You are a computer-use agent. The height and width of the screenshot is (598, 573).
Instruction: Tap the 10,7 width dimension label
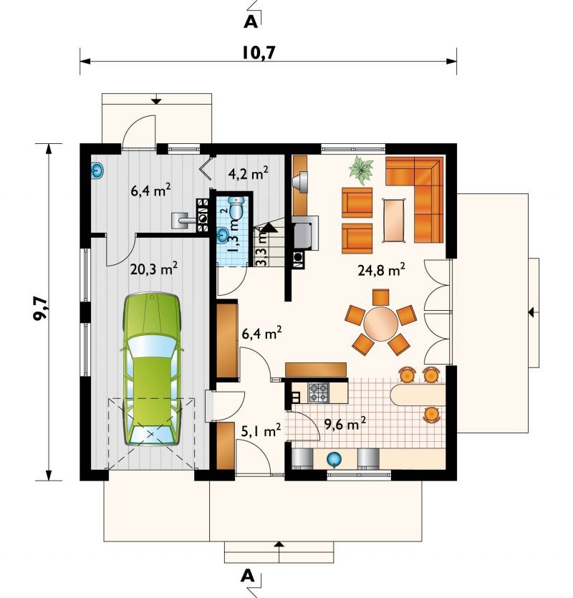click(259, 53)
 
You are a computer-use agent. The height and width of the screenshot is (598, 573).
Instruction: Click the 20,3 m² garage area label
click(154, 269)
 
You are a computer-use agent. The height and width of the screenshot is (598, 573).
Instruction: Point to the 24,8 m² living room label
click(381, 270)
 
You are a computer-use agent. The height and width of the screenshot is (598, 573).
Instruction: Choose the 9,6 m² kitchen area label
click(345, 423)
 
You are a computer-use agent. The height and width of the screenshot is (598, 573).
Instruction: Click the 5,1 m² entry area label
click(261, 431)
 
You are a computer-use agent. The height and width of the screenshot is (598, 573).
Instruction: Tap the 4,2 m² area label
click(249, 173)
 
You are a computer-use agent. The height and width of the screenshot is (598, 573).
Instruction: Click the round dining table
click(381, 324)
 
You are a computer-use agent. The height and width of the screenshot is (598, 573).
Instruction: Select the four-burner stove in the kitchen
click(318, 393)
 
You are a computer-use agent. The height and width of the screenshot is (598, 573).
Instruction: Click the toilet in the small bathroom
click(236, 208)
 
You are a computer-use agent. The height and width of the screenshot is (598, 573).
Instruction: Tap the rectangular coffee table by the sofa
click(394, 220)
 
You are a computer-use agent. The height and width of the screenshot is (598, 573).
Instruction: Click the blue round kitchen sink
click(334, 459)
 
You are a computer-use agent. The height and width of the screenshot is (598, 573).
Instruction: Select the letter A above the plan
click(251, 21)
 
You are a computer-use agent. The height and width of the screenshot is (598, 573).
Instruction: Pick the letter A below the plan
click(248, 576)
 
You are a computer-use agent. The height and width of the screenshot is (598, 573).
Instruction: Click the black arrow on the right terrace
click(530, 313)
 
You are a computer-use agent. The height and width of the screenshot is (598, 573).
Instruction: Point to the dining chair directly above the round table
click(381, 297)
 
